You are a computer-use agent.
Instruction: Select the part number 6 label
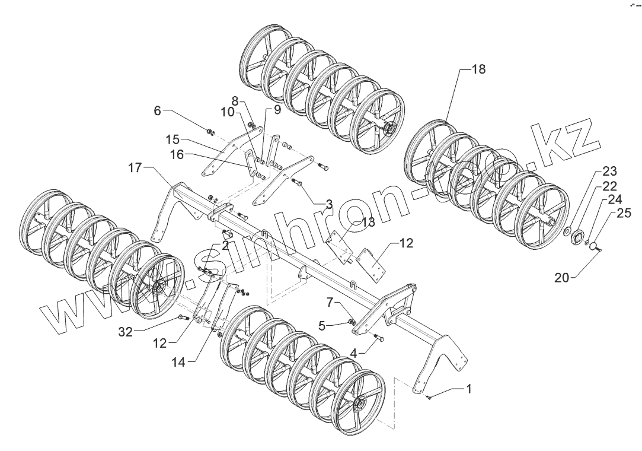pyautogui.click(x=158, y=111)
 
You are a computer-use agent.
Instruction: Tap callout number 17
pyautogui.click(x=135, y=168)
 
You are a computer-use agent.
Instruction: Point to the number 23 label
pyautogui.click(x=609, y=172)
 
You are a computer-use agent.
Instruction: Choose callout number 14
pyautogui.click(x=178, y=361)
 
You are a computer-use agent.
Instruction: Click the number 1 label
pyautogui.click(x=469, y=389)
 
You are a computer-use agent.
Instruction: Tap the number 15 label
pyautogui.click(x=173, y=140)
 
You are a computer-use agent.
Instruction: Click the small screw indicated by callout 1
pyautogui.click(x=429, y=398)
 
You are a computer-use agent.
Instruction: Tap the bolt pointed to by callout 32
pyautogui.click(x=181, y=318)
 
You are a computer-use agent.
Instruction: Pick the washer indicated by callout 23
pyautogui.click(x=567, y=230)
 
